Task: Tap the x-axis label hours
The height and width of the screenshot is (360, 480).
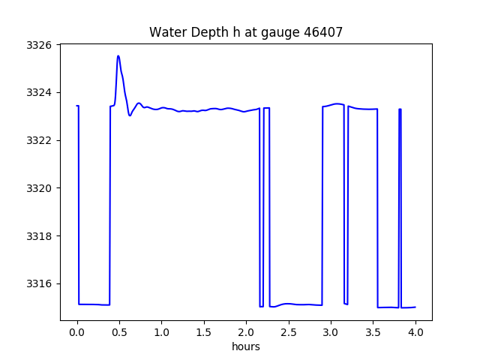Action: (x=246, y=346)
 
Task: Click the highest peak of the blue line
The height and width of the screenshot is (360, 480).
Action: (x=118, y=56)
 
